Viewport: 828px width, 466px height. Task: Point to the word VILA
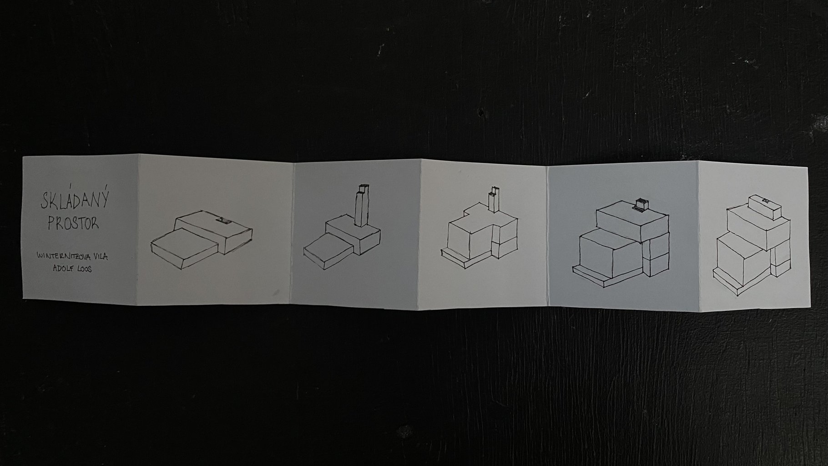(101, 257)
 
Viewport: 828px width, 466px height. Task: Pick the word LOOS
(85, 269)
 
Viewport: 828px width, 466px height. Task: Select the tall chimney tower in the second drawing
(362, 205)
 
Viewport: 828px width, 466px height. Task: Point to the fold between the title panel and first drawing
(138, 228)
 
